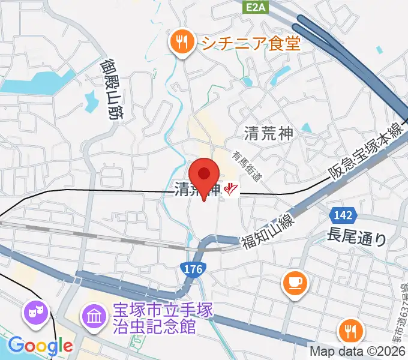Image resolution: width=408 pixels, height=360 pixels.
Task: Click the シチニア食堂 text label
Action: [250, 43]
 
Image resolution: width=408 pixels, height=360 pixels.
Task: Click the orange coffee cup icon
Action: [294, 281]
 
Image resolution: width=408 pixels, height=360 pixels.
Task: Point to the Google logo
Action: [40, 346]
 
